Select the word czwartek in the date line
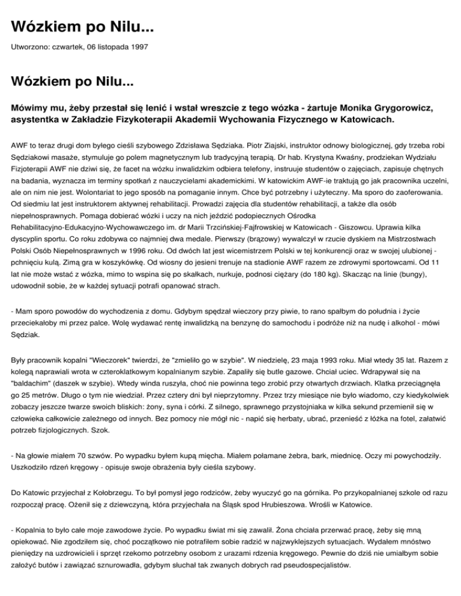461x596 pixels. tap(65, 46)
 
